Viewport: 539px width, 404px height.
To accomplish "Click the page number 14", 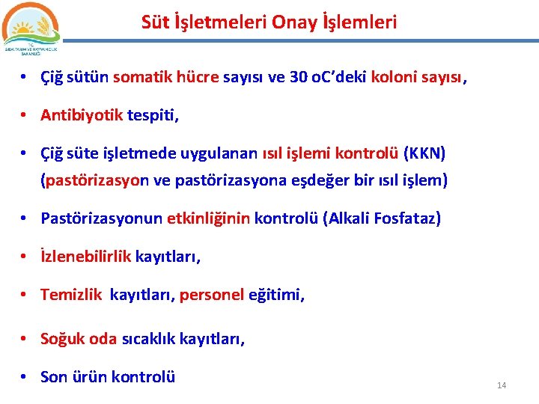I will tap(502, 385).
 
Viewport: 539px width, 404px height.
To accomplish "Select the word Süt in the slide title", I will tap(155, 22).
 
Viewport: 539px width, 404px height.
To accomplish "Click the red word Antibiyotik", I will tap(82, 115).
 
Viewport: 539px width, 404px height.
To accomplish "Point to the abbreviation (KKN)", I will tap(424, 153).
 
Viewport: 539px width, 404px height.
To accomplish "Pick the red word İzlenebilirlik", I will tap(86, 257).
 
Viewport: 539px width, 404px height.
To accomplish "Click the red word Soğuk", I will tap(63, 338).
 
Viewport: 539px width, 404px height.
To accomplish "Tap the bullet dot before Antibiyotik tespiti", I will tap(25, 116).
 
